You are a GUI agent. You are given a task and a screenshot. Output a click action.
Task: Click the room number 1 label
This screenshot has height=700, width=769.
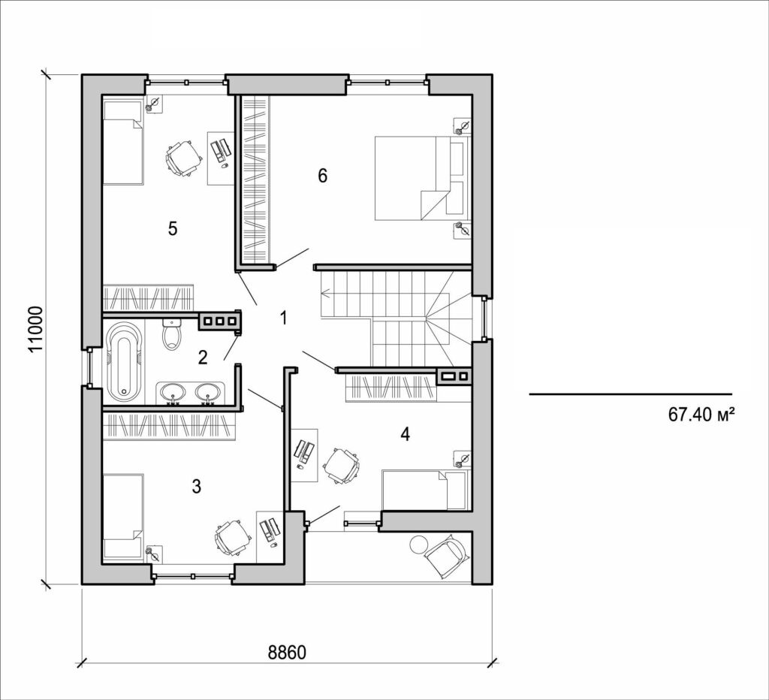tap(284, 318)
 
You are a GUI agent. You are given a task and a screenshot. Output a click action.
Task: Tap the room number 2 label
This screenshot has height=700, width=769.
tap(203, 357)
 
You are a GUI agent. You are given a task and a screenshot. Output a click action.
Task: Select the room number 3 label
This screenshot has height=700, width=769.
tap(196, 486)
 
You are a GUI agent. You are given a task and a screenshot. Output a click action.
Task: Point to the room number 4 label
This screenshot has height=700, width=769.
tap(406, 434)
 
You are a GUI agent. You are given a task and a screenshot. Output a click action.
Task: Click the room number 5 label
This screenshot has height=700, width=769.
tap(173, 229)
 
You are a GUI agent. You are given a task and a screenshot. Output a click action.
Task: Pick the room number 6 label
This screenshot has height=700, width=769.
tap(323, 176)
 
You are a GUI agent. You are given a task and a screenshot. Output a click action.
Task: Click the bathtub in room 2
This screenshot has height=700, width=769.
tap(124, 361)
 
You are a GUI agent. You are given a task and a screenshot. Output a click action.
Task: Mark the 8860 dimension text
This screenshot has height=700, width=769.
tap(287, 652)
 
